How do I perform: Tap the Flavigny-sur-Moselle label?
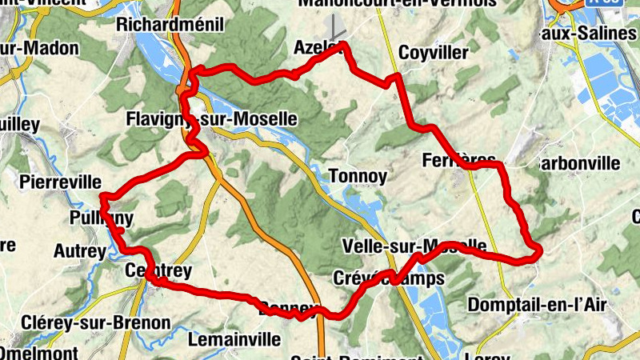211,120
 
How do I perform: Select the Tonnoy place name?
358,176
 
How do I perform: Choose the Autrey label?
79,251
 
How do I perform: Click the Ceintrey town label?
158,272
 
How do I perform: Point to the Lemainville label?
234,340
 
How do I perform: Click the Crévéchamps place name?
387,278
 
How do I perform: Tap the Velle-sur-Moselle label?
413,245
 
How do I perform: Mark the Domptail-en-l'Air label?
537,305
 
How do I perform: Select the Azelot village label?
320,48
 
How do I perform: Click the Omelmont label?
39,353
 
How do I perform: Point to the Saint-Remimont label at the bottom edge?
356,357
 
